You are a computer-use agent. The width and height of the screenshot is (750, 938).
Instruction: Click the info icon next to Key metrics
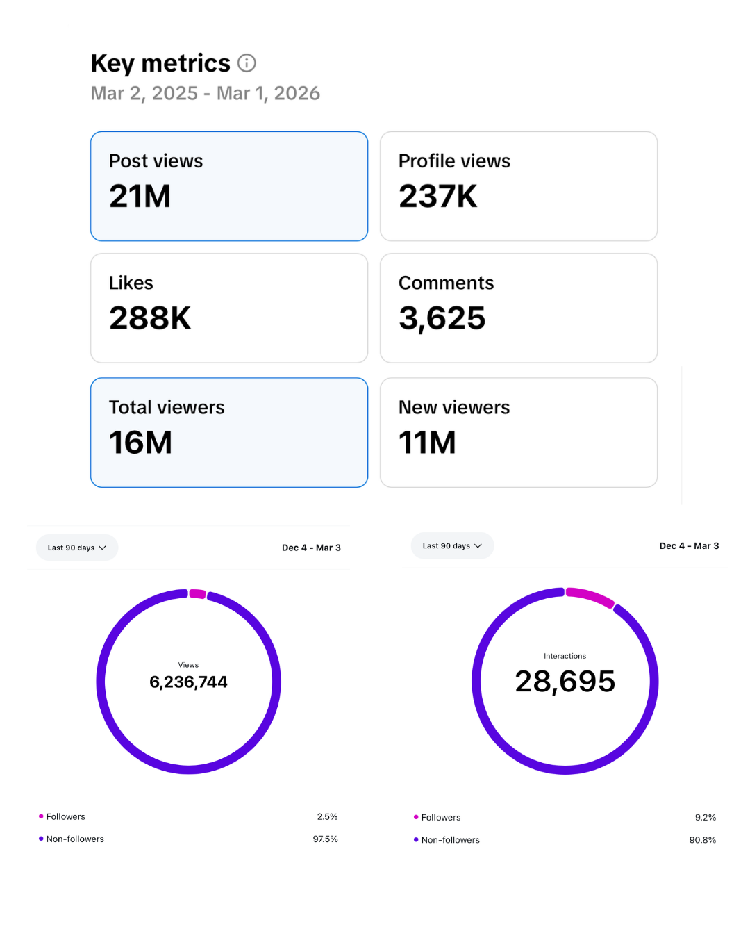click(247, 63)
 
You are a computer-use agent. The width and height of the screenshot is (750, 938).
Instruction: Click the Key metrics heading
click(160, 63)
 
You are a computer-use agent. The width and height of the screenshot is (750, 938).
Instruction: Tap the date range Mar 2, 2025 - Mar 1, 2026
click(206, 93)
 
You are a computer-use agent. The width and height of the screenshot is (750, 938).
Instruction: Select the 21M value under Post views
click(140, 196)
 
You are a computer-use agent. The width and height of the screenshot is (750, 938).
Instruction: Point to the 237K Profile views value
click(437, 196)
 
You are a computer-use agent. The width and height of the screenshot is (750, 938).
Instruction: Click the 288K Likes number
click(150, 318)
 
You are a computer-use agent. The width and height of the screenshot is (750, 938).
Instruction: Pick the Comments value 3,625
click(442, 318)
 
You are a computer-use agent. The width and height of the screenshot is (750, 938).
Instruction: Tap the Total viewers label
click(167, 407)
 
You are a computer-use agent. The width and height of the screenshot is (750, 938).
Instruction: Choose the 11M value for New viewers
click(427, 443)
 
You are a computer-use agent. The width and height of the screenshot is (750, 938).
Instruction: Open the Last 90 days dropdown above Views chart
click(77, 548)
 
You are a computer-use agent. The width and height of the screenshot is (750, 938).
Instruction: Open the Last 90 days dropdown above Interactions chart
click(452, 545)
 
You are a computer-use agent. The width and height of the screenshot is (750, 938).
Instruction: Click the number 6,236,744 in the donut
click(188, 682)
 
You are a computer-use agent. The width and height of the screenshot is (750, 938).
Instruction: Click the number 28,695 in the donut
click(565, 681)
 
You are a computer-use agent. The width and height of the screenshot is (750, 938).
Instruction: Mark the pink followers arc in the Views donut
click(197, 593)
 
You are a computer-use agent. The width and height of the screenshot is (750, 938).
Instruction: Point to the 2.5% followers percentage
click(327, 816)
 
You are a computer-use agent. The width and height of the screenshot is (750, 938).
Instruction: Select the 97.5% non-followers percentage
click(325, 839)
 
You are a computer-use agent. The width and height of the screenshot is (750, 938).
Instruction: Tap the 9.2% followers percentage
click(705, 817)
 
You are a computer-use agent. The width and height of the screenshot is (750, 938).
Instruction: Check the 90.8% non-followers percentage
click(702, 839)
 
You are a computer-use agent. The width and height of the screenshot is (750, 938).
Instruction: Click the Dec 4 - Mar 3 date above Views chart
click(311, 548)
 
